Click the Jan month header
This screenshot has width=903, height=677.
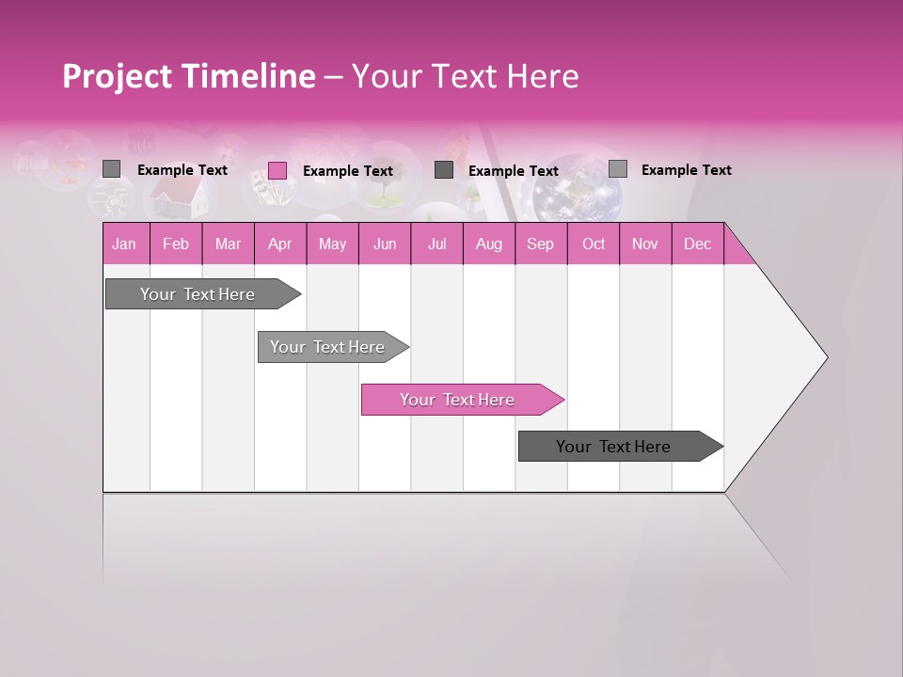pyautogui.click(x=124, y=244)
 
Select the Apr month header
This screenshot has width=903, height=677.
pyautogui.click(x=279, y=244)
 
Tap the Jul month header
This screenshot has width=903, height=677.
pyautogui.click(x=436, y=244)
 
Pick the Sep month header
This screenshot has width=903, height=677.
pyautogui.click(x=540, y=244)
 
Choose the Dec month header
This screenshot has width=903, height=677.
pyautogui.click(x=697, y=244)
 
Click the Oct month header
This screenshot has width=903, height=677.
pyautogui.click(x=593, y=244)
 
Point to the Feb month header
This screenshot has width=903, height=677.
pyautogui.click(x=176, y=244)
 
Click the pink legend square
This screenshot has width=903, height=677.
pyautogui.click(x=277, y=170)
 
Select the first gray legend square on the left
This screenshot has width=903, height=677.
pyautogui.click(x=112, y=169)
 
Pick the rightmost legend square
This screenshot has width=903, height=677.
pyautogui.click(x=618, y=169)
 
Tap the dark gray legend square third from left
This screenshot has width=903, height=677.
pyautogui.click(x=444, y=170)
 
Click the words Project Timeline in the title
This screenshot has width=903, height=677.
pyautogui.click(x=188, y=76)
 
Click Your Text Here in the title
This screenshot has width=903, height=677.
pyautogui.click(x=465, y=76)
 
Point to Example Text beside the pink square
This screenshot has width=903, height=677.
pyautogui.click(x=347, y=171)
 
